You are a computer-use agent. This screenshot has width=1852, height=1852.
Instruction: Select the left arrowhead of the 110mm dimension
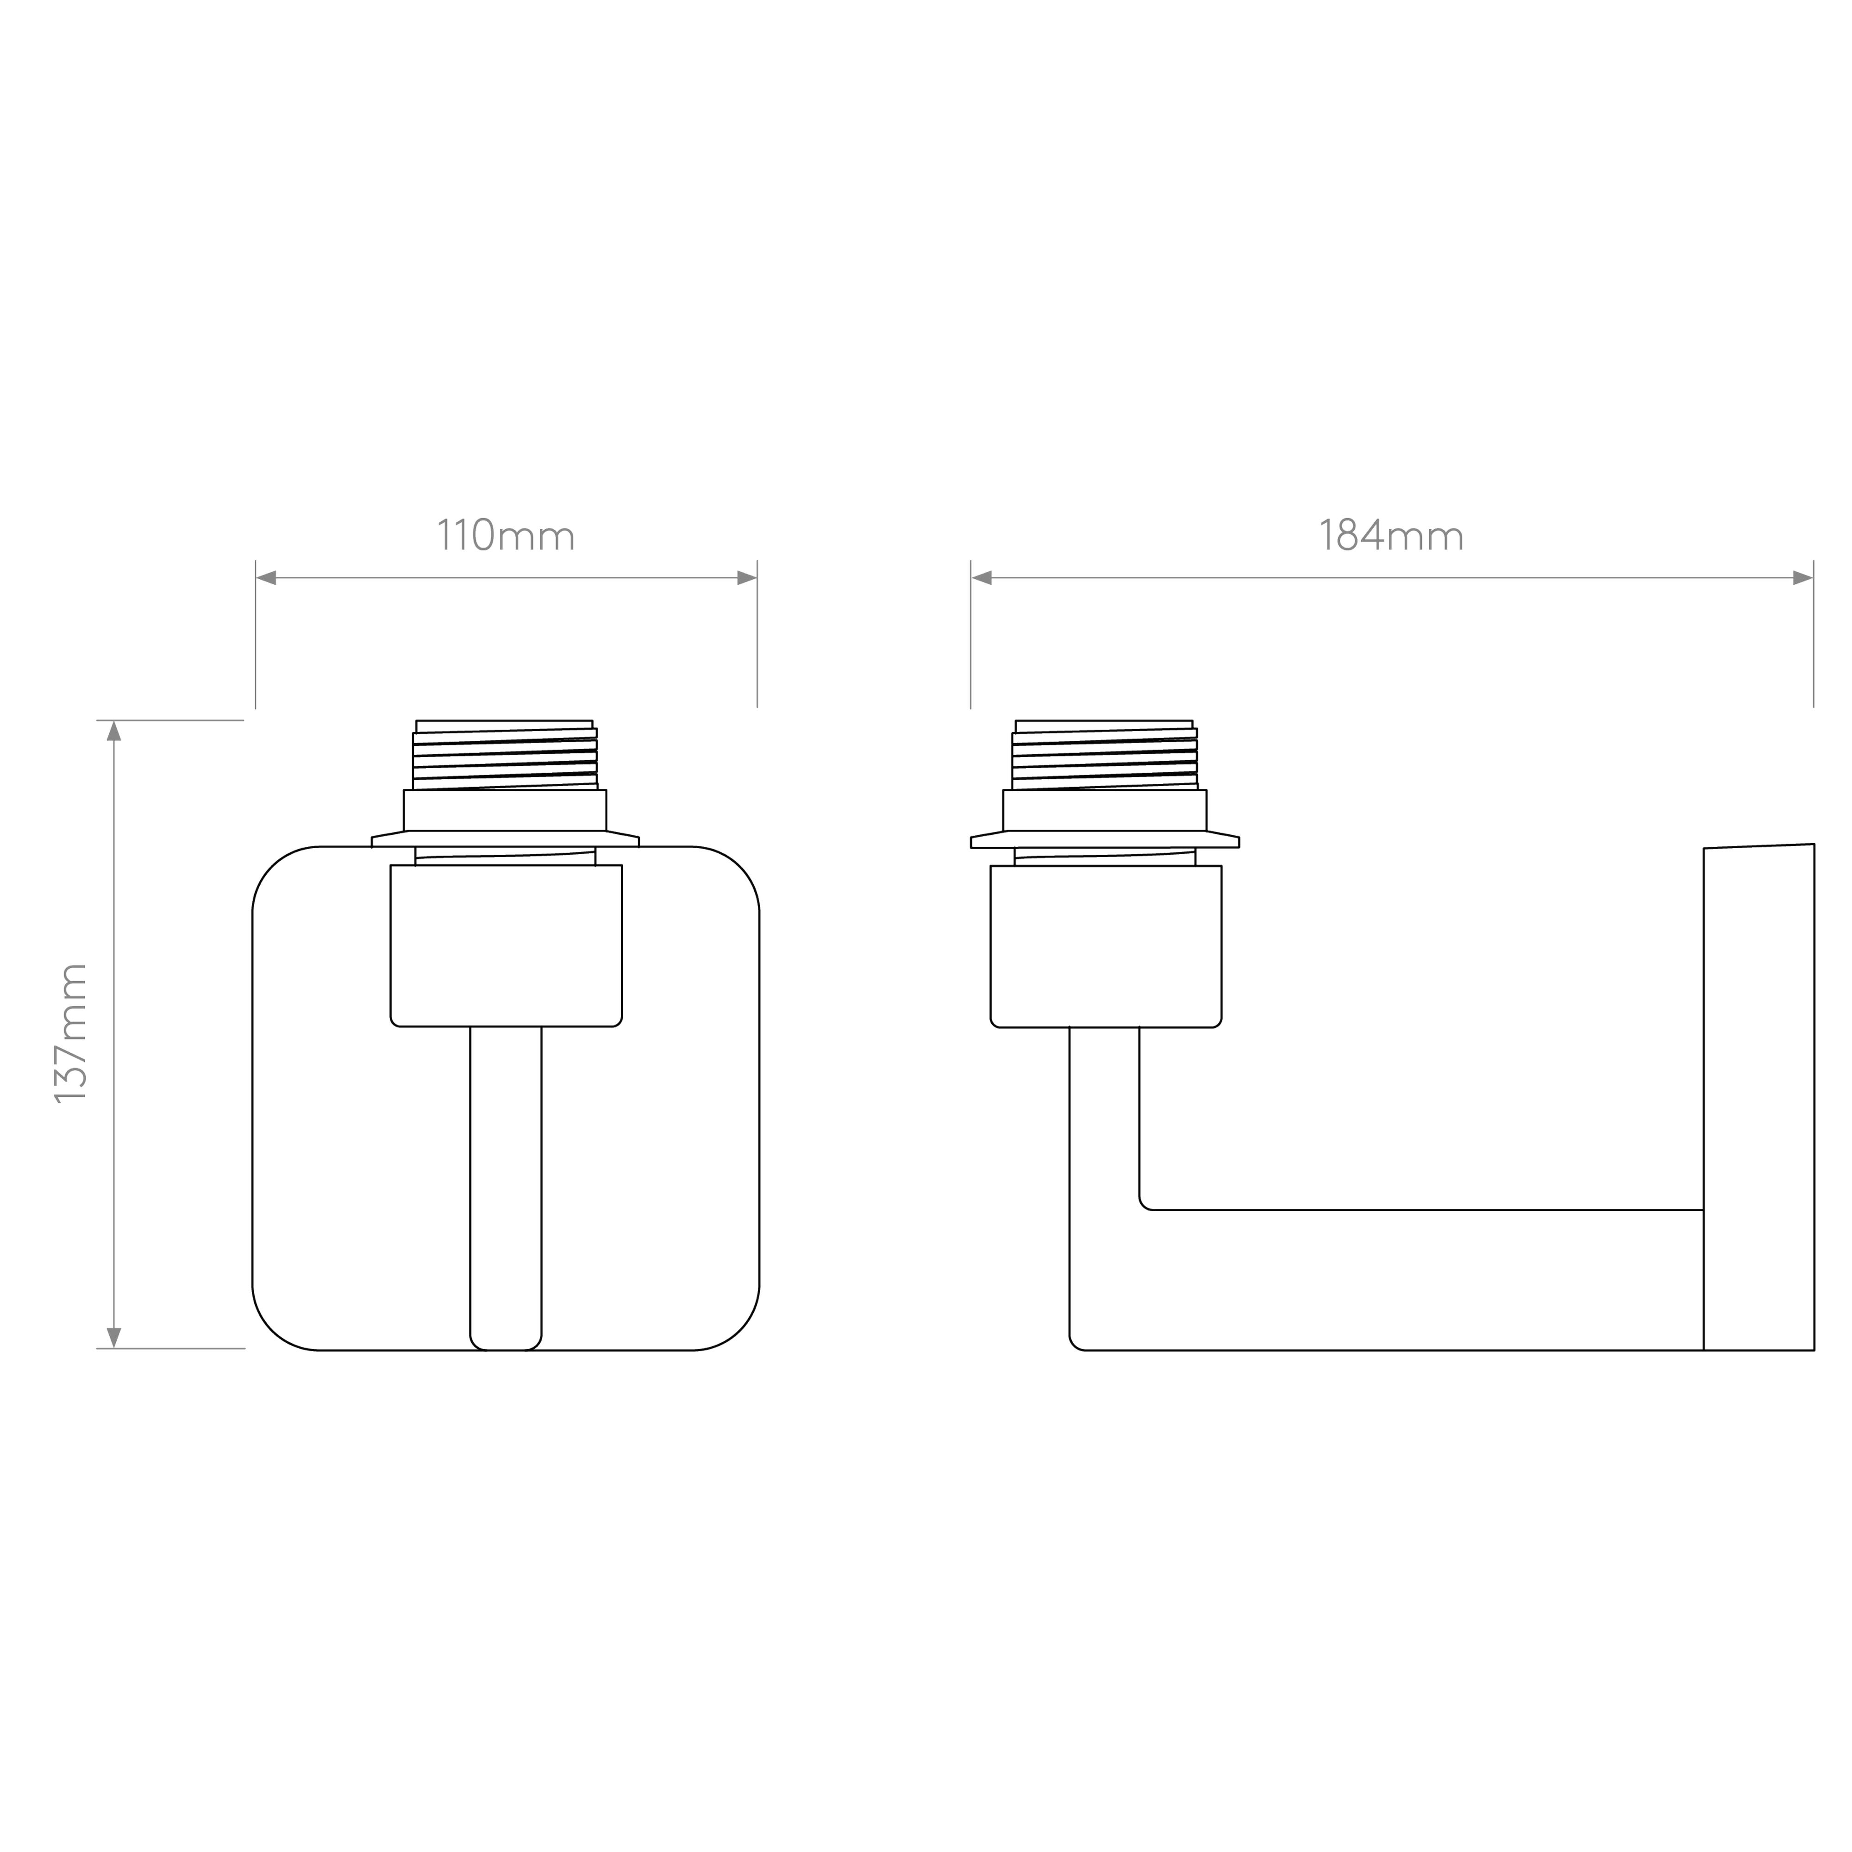267,578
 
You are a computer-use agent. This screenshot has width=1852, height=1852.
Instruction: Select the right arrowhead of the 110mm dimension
747,578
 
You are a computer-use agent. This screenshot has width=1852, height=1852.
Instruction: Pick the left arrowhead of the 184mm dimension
982,578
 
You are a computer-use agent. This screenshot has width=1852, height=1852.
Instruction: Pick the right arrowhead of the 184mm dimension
1803,578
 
